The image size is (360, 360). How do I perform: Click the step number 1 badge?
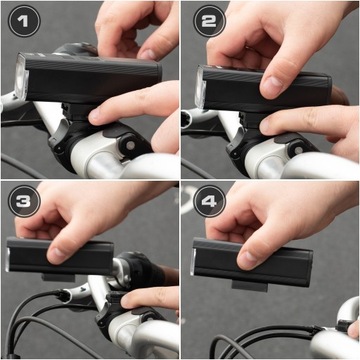pos(24,21)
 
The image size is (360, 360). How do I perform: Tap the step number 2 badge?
pos(210,21)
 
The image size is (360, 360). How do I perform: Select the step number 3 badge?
pos(24,201)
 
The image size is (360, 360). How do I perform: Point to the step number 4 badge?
pos(210,201)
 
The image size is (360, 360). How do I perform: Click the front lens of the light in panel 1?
pos(21,76)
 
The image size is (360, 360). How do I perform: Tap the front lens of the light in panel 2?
pos(201,87)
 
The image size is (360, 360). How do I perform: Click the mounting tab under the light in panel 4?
pos(250,286)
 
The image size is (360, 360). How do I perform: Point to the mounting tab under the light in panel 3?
pos(58,277)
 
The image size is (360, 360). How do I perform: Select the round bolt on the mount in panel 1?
pos(130,145)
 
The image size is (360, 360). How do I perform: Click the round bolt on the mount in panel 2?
pos(298,150)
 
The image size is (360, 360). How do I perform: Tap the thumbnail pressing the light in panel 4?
pos(246,261)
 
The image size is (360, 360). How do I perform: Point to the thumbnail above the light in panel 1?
pos(148,54)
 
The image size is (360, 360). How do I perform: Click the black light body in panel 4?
pos(252,262)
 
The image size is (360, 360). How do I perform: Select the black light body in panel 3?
pos(60,256)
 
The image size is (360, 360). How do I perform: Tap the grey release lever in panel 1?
pos(59,134)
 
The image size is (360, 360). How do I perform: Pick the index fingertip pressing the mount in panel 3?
pos(129,302)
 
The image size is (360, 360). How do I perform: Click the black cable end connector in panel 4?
pos(343,326)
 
